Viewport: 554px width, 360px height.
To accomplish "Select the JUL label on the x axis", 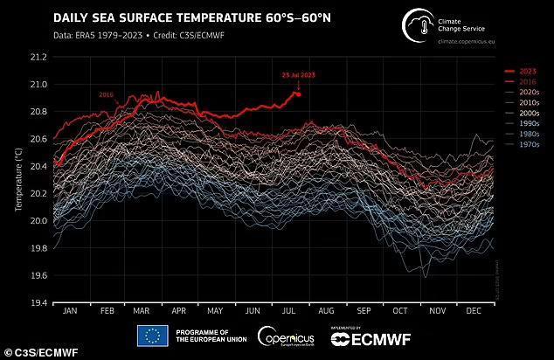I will coord(290,311).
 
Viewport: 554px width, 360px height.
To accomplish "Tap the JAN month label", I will coord(70,311).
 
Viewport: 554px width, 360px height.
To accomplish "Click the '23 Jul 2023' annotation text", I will coord(297,75).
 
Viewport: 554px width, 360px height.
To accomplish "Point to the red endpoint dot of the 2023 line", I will coord(298,93).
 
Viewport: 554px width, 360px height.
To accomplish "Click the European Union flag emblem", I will coord(151,336).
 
